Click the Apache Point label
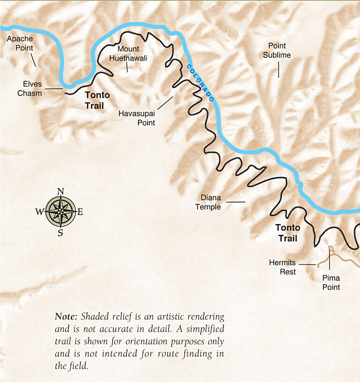click(x=19, y=44)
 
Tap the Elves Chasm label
click(x=30, y=89)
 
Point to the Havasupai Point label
click(x=137, y=118)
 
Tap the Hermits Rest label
click(x=282, y=267)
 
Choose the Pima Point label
click(x=331, y=283)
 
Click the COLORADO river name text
click(x=201, y=83)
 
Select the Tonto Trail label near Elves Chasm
click(x=97, y=100)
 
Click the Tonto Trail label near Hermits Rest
click(x=288, y=233)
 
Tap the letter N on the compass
click(x=60, y=191)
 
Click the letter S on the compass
click(x=60, y=232)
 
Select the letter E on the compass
click(x=80, y=212)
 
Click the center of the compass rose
click(x=60, y=212)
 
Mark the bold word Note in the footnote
click(x=65, y=316)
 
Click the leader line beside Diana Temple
click(x=236, y=202)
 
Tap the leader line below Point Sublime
click(x=278, y=69)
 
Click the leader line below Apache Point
click(x=33, y=60)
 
